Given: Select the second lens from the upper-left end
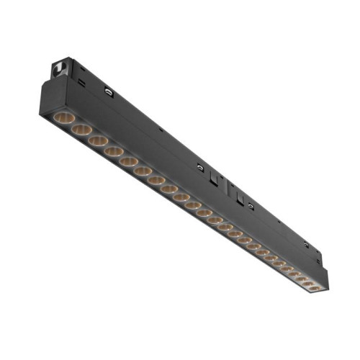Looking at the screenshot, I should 81,130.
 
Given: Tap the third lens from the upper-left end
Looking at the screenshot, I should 97,142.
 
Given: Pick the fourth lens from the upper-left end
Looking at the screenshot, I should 113,153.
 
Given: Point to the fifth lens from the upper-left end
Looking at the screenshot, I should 128,163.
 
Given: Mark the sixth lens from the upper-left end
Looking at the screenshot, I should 143,173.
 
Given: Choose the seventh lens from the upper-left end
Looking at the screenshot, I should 156,181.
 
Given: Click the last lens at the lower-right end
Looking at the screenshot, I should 315,289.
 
